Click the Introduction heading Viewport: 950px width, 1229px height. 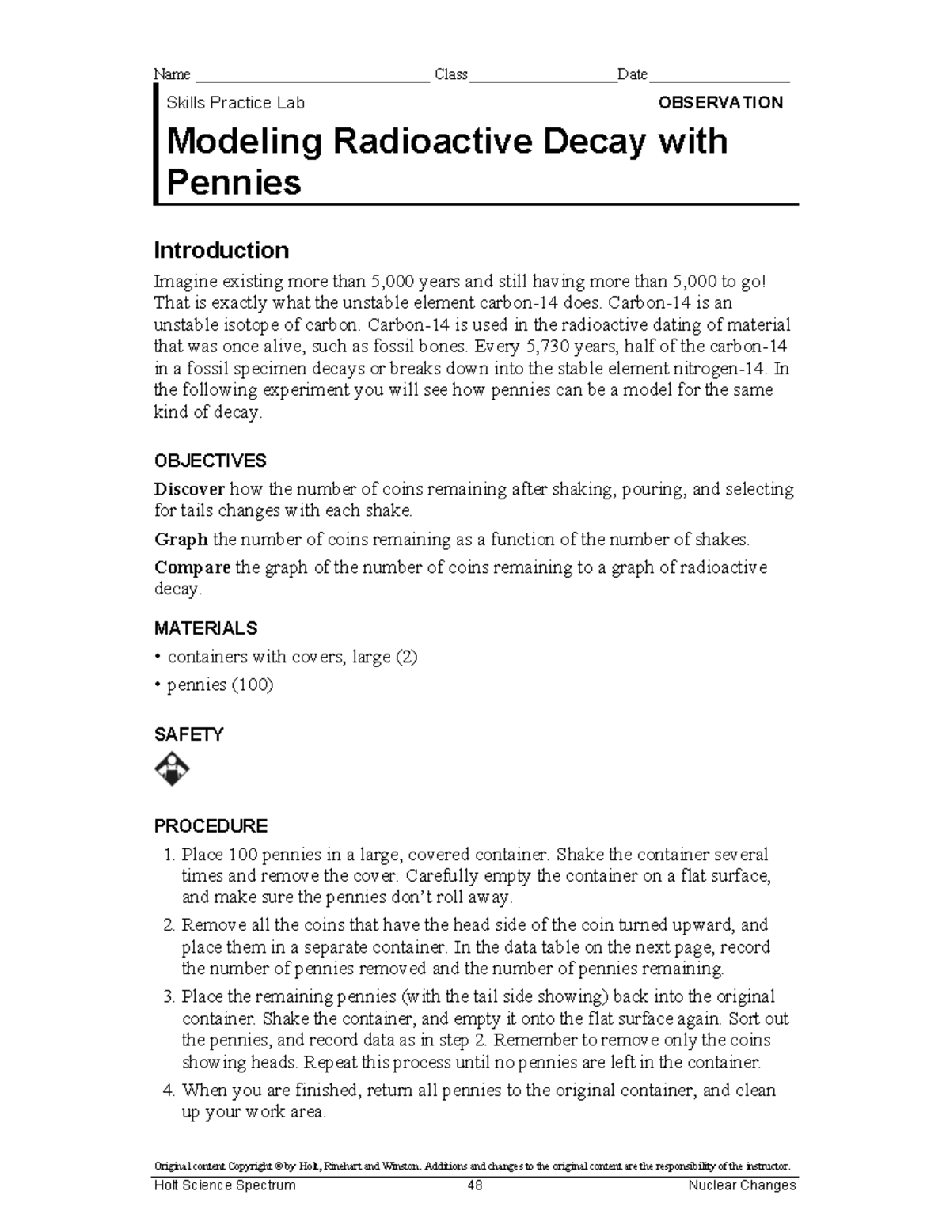(221, 251)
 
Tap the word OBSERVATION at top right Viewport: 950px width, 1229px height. (720, 103)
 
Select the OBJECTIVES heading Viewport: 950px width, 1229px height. (210, 461)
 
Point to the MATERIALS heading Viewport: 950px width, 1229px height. (206, 628)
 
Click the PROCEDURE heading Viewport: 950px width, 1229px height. (211, 826)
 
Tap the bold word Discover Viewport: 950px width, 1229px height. (189, 489)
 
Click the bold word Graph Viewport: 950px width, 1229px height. (180, 540)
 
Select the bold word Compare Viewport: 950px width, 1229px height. (192, 567)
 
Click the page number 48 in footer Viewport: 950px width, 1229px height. (474, 1185)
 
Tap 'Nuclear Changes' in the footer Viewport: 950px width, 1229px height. (742, 1185)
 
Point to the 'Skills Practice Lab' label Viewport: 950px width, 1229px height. (235, 103)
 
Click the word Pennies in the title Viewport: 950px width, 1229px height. (234, 183)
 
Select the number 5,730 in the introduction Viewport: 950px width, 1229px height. (538, 347)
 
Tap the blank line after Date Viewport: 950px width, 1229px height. (719, 76)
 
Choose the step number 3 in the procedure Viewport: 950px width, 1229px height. (168, 996)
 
